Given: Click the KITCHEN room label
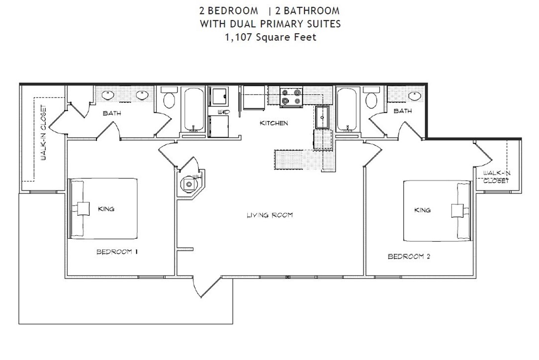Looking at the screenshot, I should [273, 123].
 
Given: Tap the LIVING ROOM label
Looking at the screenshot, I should [269, 215].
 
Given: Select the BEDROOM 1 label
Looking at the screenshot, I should [117, 252].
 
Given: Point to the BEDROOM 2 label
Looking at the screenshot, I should [409, 257].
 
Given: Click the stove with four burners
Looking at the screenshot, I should [291, 97].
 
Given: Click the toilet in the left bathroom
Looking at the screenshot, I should [169, 99].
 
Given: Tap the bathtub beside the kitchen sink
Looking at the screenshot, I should [346, 109].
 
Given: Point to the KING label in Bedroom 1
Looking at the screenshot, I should [106, 209].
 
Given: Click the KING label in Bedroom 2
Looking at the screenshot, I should [422, 210].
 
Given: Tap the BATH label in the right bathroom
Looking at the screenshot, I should [403, 111].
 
